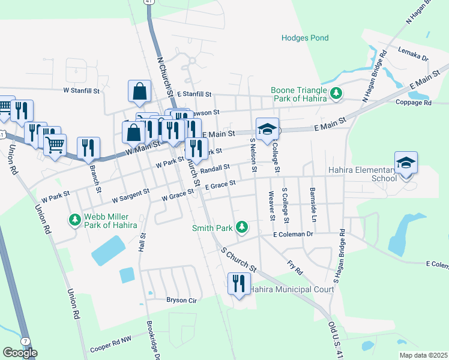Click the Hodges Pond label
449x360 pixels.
pyautogui.click(x=306, y=38)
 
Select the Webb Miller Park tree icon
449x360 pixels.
pyautogui.click(x=75, y=220)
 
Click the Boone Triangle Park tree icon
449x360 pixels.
pyautogui.click(x=337, y=93)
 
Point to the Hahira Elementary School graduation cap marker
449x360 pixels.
pyautogui.click(x=406, y=163)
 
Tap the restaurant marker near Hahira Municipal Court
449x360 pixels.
pyautogui.click(x=239, y=283)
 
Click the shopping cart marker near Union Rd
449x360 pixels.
pyautogui.click(x=55, y=145)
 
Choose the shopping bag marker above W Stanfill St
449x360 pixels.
pyautogui.click(x=139, y=92)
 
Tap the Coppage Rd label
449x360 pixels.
pyautogui.click(x=414, y=103)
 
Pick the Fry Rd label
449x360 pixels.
pyautogui.click(x=295, y=267)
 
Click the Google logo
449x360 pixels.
pyautogui.click(x=20, y=353)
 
